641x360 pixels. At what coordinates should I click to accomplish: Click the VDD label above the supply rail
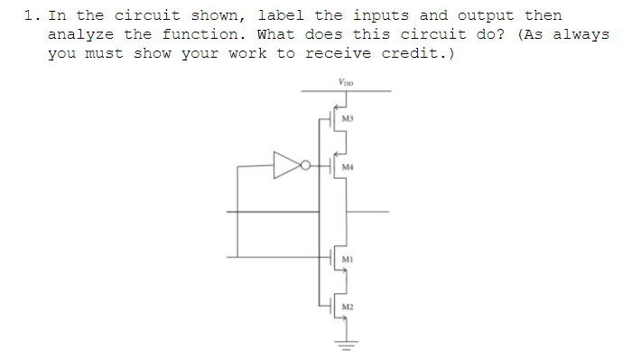346,82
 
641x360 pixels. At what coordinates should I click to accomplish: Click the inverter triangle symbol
287,165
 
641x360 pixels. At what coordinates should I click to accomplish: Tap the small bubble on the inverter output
306,166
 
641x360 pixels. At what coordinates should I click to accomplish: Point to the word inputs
381,15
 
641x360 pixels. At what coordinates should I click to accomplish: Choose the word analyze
81,34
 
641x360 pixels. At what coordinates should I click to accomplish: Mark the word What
275,34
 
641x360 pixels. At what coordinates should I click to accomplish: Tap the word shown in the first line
217,15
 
